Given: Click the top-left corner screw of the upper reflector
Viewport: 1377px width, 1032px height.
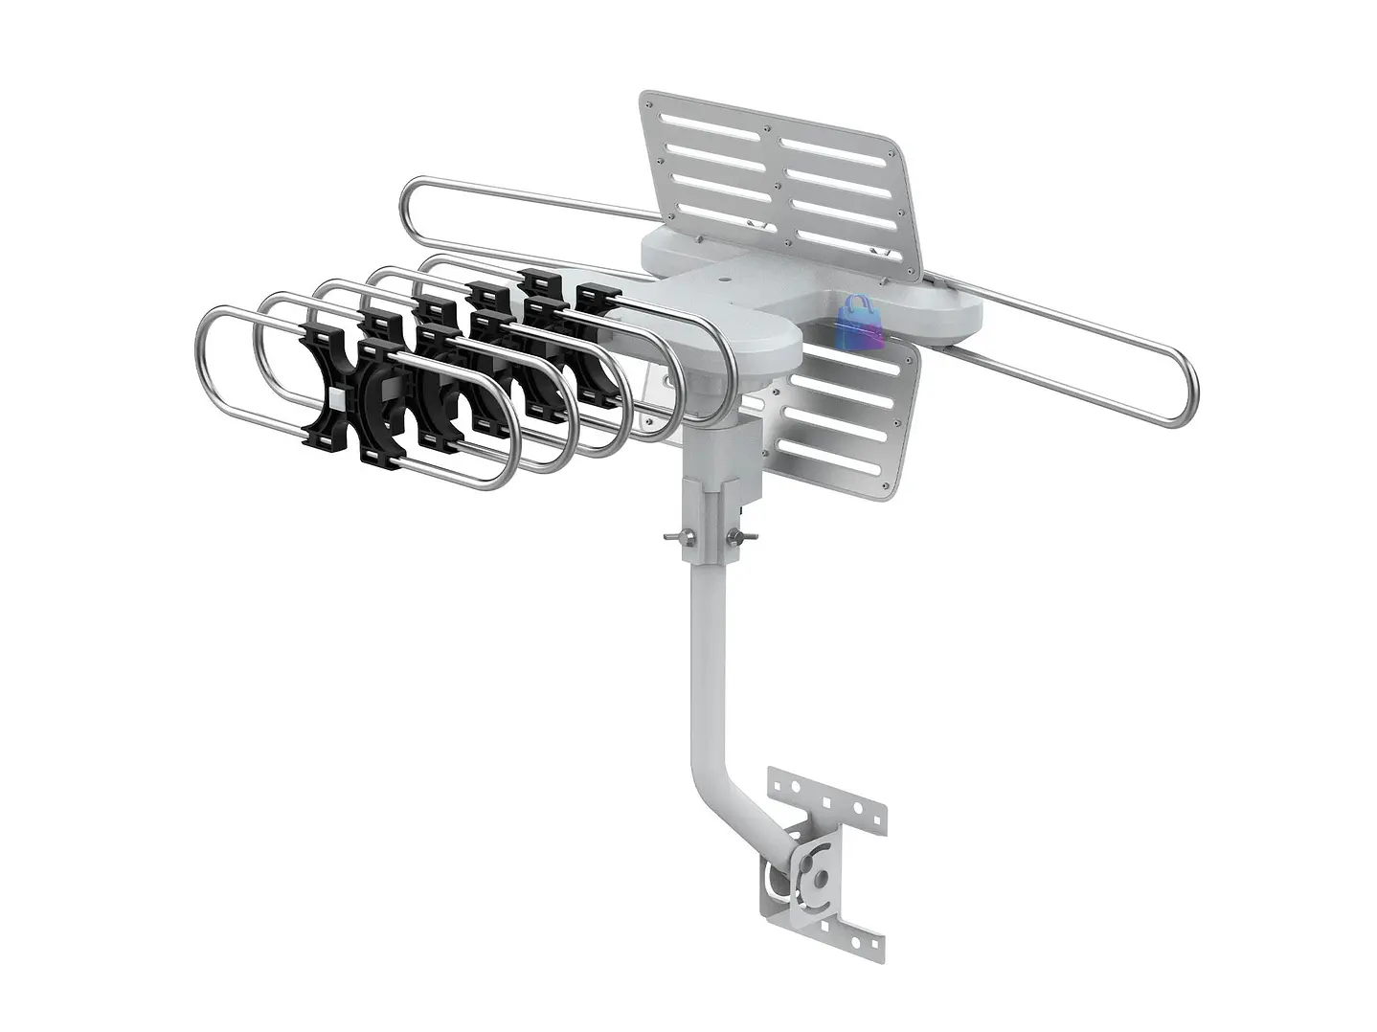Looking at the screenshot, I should (648, 101).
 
